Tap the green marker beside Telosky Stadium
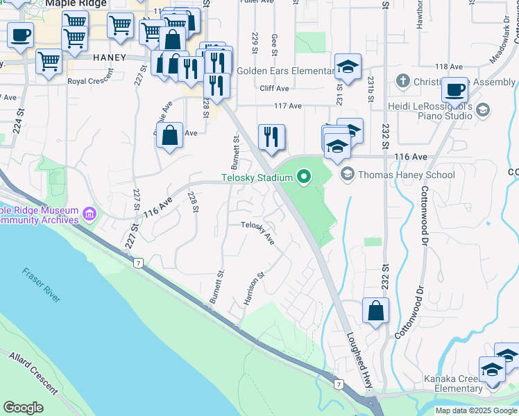(x=303, y=178)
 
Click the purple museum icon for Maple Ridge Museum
(x=89, y=214)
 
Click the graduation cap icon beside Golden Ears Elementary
(x=348, y=68)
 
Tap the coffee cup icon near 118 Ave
(x=455, y=90)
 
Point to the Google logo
(x=24, y=407)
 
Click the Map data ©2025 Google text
(x=476, y=410)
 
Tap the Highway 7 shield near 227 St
(x=139, y=262)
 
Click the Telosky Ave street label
(x=258, y=233)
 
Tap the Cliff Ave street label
(x=274, y=89)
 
